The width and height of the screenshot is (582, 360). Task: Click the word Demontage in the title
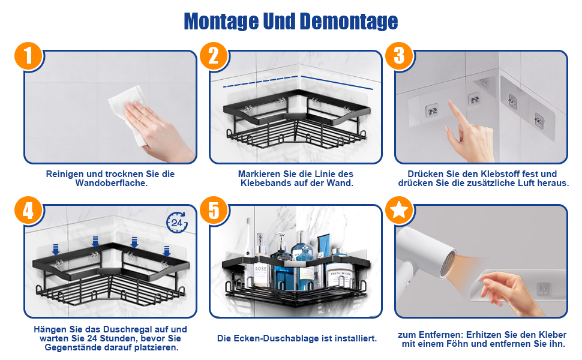pyautogui.click(x=349, y=22)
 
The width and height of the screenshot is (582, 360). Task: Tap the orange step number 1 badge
pyautogui.click(x=29, y=56)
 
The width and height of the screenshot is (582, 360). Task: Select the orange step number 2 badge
pyautogui.click(x=214, y=56)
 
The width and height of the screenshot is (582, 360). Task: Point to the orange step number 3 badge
pyautogui.click(x=399, y=56)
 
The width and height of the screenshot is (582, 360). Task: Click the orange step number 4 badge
pyautogui.click(x=29, y=211)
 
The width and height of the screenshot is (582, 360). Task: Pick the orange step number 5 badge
pyautogui.click(x=214, y=211)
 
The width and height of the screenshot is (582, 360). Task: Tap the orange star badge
pyautogui.click(x=399, y=211)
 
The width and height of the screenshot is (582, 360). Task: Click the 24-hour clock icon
pyautogui.click(x=177, y=223)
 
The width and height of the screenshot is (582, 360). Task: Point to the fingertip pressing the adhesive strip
pyautogui.click(x=450, y=103)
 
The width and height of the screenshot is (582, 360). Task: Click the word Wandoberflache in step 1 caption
pyautogui.click(x=112, y=183)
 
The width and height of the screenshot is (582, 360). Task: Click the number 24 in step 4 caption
pyautogui.click(x=92, y=338)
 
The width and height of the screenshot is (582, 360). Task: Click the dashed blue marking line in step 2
pyautogui.click(x=260, y=81)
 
